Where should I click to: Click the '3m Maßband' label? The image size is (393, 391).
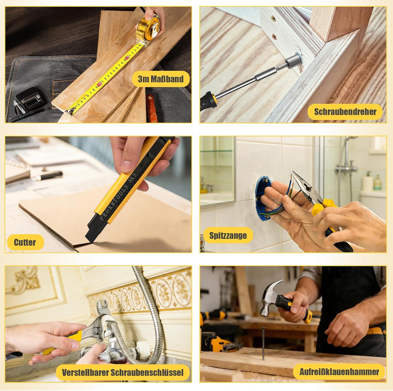coord(161,79)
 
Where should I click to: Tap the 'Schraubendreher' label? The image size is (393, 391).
coord(345,112)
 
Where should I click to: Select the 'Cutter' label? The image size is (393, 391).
coord(25,242)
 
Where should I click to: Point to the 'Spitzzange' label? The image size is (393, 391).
coord(228,235)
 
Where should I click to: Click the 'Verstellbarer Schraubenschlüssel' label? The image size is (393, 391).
coord(123,372)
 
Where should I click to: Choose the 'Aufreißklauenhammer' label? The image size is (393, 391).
coord(339,372)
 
